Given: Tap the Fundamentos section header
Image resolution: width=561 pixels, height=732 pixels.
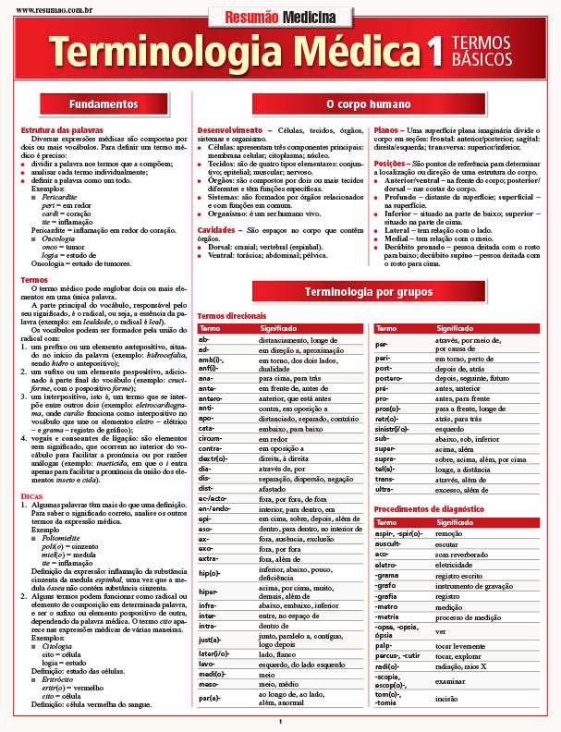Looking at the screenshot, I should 103,104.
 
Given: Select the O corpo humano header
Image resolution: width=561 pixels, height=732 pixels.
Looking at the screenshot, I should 369,104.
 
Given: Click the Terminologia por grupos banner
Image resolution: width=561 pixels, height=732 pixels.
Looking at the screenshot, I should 370,293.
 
